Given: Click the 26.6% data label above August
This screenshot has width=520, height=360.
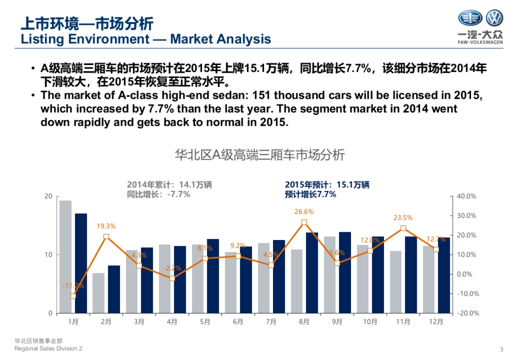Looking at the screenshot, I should click(x=304, y=212).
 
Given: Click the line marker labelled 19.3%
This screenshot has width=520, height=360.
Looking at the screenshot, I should click(x=106, y=237).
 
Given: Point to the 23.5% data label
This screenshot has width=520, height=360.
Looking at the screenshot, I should click(x=403, y=218).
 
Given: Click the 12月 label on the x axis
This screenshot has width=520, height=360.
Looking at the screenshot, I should click(x=436, y=322).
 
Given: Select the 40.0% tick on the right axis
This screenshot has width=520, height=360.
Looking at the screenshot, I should click(x=467, y=196).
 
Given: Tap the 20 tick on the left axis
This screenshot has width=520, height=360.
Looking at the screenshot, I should click(x=49, y=196).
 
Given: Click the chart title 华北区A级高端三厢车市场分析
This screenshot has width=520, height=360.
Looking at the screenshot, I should click(x=260, y=155).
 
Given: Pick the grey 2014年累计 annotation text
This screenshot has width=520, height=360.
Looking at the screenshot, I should click(x=169, y=189).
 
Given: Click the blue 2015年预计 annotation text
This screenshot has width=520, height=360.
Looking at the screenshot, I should click(x=327, y=189).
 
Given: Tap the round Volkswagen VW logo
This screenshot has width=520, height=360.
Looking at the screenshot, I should click(x=494, y=19).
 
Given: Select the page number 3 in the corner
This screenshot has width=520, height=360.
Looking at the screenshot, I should click(x=501, y=349).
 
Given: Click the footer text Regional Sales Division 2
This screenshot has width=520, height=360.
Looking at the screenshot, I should click(x=48, y=349).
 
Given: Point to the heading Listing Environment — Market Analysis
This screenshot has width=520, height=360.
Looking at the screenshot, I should click(x=146, y=39).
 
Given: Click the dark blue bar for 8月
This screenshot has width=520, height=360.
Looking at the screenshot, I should click(x=312, y=272).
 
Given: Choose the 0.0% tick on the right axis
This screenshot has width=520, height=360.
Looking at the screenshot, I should click(x=467, y=274).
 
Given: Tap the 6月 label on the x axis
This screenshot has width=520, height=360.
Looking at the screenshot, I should click(x=238, y=322).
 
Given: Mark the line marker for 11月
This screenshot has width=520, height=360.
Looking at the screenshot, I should click(x=403, y=228).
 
